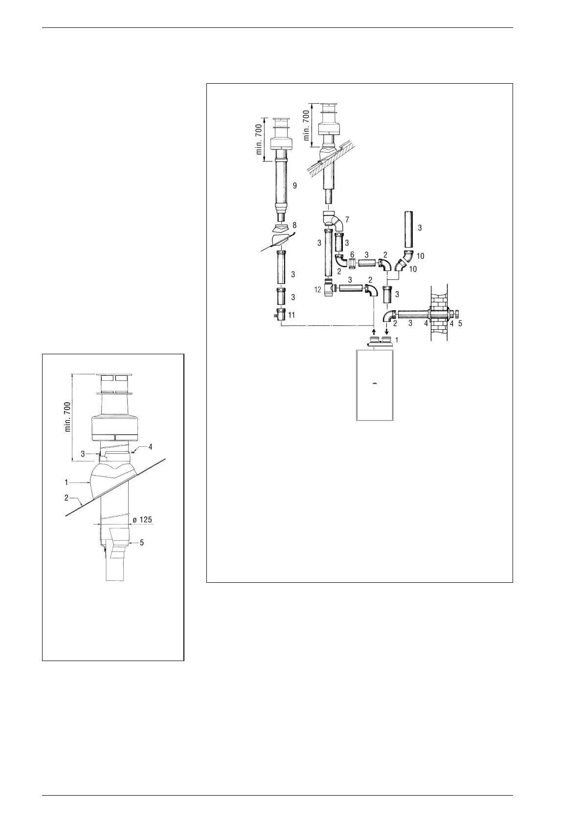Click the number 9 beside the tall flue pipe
tap(294, 186)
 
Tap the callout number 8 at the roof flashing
tap(294, 225)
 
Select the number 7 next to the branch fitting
tap(347, 219)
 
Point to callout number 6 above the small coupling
tap(352, 255)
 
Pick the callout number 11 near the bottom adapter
tap(291, 315)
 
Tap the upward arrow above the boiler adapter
tap(374, 331)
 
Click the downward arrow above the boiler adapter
tap(387, 331)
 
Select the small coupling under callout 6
tap(352, 264)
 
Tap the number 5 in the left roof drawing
tap(142, 543)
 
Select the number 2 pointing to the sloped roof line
tap(67, 498)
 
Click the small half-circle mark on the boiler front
tap(374, 383)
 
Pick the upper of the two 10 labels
tap(420, 255)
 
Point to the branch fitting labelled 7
tap(332, 219)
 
